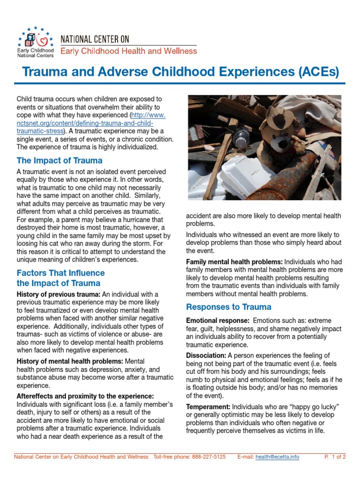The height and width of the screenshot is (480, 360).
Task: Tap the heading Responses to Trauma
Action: pyautogui.click(x=229, y=307)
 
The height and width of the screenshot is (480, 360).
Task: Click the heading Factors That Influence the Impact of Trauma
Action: pyautogui.click(x=60, y=278)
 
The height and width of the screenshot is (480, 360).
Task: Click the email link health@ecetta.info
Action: pyautogui.click(x=277, y=457)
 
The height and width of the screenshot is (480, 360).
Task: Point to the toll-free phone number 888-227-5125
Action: pyautogui.click(x=209, y=457)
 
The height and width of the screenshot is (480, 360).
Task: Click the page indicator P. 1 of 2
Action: pyautogui.click(x=335, y=457)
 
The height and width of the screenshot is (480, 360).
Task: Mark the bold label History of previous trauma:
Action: pyautogui.click(x=59, y=294)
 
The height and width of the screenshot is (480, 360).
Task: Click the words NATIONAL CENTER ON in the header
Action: pyautogui.click(x=95, y=39)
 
